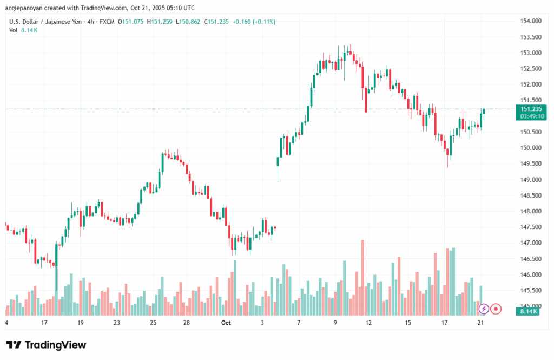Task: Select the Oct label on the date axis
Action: (226, 322)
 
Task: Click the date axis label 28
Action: (186, 322)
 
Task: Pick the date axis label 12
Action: (369, 322)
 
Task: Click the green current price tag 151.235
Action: (529, 109)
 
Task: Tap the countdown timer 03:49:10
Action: (529, 116)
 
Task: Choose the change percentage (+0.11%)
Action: (262, 22)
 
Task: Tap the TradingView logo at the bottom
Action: (46, 345)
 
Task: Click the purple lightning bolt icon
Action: (484, 309)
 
